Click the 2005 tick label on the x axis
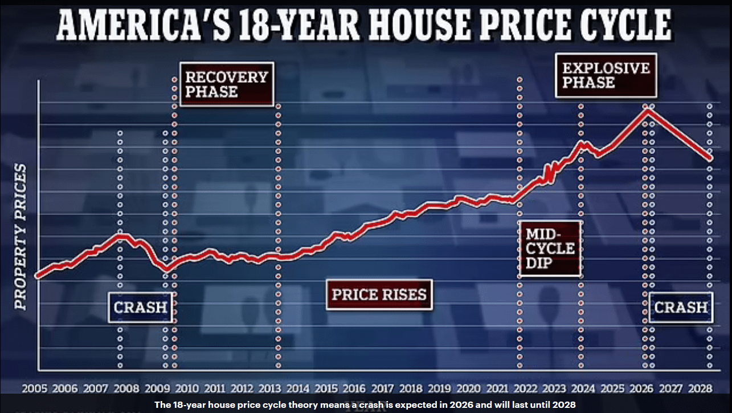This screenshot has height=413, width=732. [35, 388]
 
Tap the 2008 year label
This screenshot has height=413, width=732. [126, 388]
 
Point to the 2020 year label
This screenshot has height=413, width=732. [468, 388]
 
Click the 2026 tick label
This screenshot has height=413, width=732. [642, 388]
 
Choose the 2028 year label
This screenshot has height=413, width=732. [700, 388]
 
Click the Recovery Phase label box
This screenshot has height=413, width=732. [226, 84]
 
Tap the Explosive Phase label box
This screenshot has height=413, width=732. [606, 75]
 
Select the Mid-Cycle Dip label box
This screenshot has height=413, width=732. [550, 249]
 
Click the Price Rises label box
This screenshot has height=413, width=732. [379, 295]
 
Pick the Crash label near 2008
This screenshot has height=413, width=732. [140, 307]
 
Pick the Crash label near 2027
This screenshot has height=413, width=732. [681, 307]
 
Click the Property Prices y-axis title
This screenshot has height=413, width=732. [21, 237]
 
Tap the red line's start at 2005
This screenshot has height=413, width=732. [37, 276]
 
